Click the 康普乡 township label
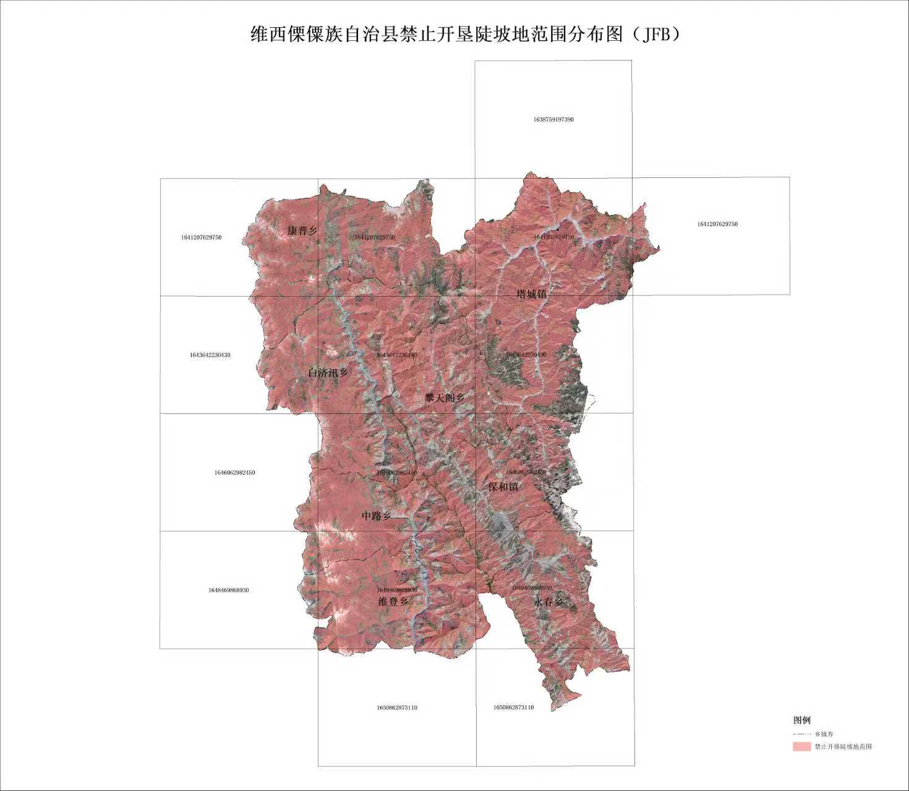click(302, 231)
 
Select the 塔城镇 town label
click(532, 294)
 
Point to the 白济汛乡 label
click(328, 373)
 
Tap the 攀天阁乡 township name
click(444, 397)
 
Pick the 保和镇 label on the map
click(503, 486)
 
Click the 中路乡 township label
click(377, 515)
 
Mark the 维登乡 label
click(393, 601)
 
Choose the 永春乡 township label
click(548, 601)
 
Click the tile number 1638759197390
click(553, 119)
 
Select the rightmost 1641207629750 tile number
click(717, 224)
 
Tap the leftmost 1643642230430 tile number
click(210, 355)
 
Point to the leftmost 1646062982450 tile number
click(234, 472)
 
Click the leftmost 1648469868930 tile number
click(228, 590)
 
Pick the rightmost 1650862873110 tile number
click(513, 707)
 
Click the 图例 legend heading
click(801, 720)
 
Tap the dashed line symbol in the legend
click(801, 734)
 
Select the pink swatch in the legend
click(801, 747)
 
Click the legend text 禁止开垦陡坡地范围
click(843, 747)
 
